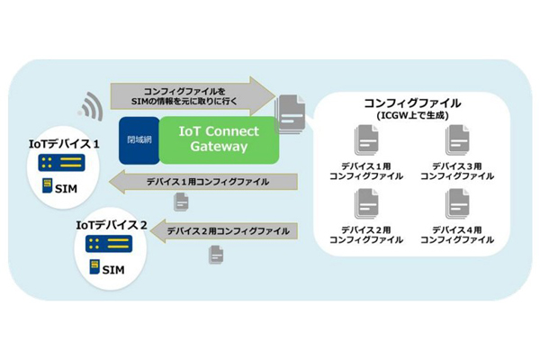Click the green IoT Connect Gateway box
point(219,139)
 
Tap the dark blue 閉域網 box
point(139,140)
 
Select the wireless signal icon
point(91,106)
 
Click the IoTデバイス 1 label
point(64,144)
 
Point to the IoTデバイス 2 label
point(112,225)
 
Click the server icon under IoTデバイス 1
point(61,163)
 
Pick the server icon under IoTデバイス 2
point(109,244)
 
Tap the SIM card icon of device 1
point(47,185)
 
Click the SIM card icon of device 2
point(94,266)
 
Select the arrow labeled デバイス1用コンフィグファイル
point(202,182)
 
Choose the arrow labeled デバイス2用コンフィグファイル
point(223,230)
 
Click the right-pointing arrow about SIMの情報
point(193,96)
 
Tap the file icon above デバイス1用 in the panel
point(366,141)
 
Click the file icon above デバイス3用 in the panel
point(457,141)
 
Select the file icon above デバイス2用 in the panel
point(366,204)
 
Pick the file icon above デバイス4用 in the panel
point(457,204)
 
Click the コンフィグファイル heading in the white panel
point(412,103)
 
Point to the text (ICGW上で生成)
point(412,115)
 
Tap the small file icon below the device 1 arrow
point(181,202)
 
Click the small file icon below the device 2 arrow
point(216,255)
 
